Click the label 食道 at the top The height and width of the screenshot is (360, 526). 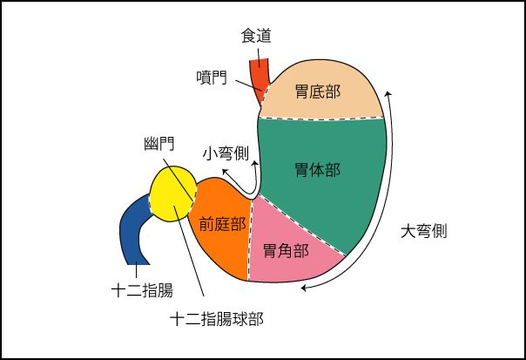(256, 36)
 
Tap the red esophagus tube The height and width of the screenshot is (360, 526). (260, 75)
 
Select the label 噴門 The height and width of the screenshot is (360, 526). (212, 78)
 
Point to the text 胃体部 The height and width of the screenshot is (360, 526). (317, 170)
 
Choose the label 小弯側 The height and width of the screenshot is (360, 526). (226, 153)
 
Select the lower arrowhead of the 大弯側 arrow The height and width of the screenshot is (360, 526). (300, 289)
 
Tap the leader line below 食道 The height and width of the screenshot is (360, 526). (258, 53)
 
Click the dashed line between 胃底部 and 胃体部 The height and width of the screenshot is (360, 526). (322, 119)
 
